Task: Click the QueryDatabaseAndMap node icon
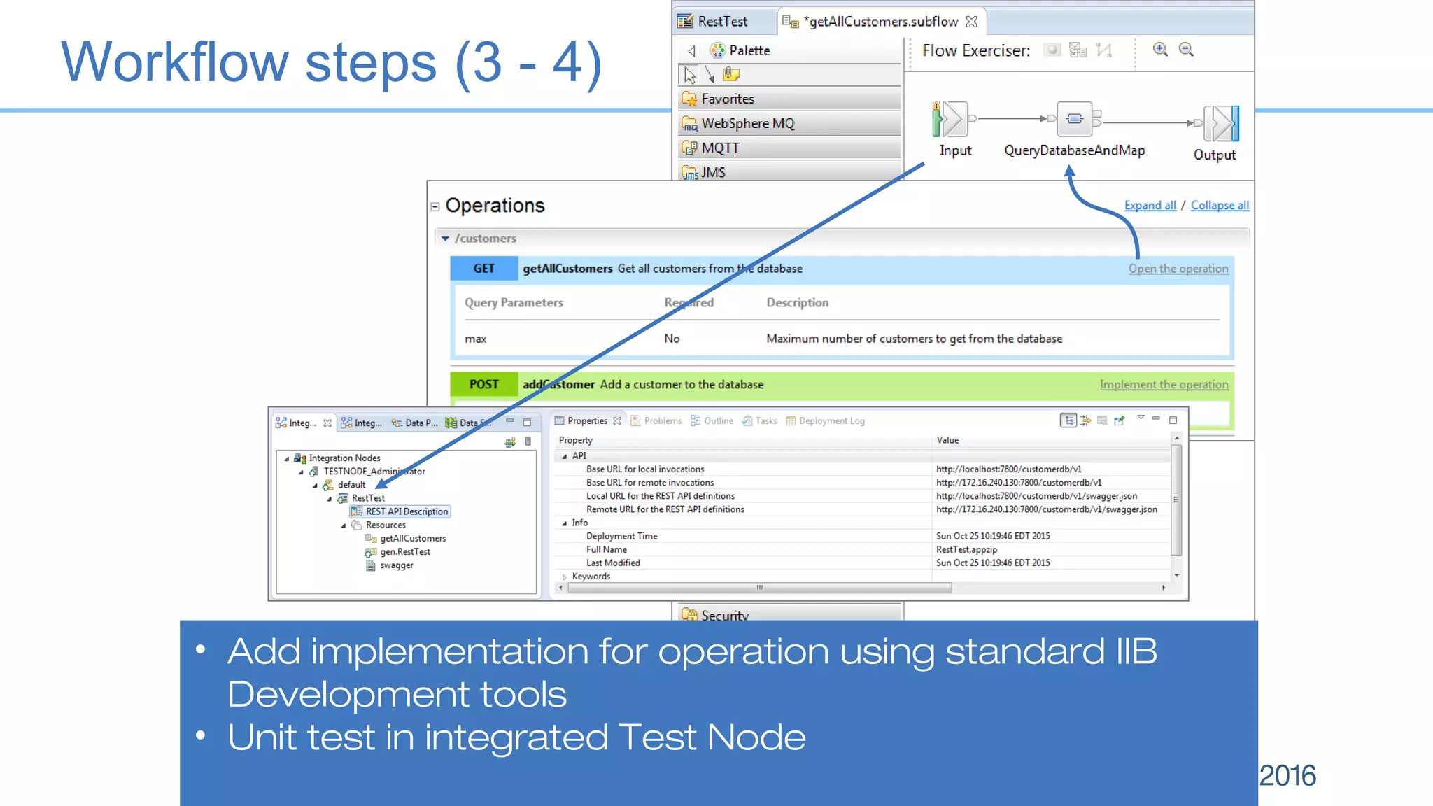[x=1074, y=119]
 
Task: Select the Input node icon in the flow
[x=952, y=119]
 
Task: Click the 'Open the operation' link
[x=1178, y=269]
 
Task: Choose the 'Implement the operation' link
[x=1164, y=385]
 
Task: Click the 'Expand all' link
[x=1150, y=205]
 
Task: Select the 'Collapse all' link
[x=1220, y=205]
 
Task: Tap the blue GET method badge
[x=483, y=269]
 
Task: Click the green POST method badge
[x=483, y=385]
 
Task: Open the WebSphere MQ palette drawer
[x=747, y=123]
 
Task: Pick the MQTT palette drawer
[x=720, y=148]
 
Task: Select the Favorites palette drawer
[x=727, y=99]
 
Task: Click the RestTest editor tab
[x=721, y=22]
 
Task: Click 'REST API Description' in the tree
[x=406, y=511]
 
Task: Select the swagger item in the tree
[x=396, y=565]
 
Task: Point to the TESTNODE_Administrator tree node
[x=374, y=472]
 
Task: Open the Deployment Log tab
[x=831, y=421]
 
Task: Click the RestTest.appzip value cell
[x=966, y=549]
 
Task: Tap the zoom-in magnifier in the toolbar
[x=1160, y=50]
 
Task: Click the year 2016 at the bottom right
[x=1287, y=775]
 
